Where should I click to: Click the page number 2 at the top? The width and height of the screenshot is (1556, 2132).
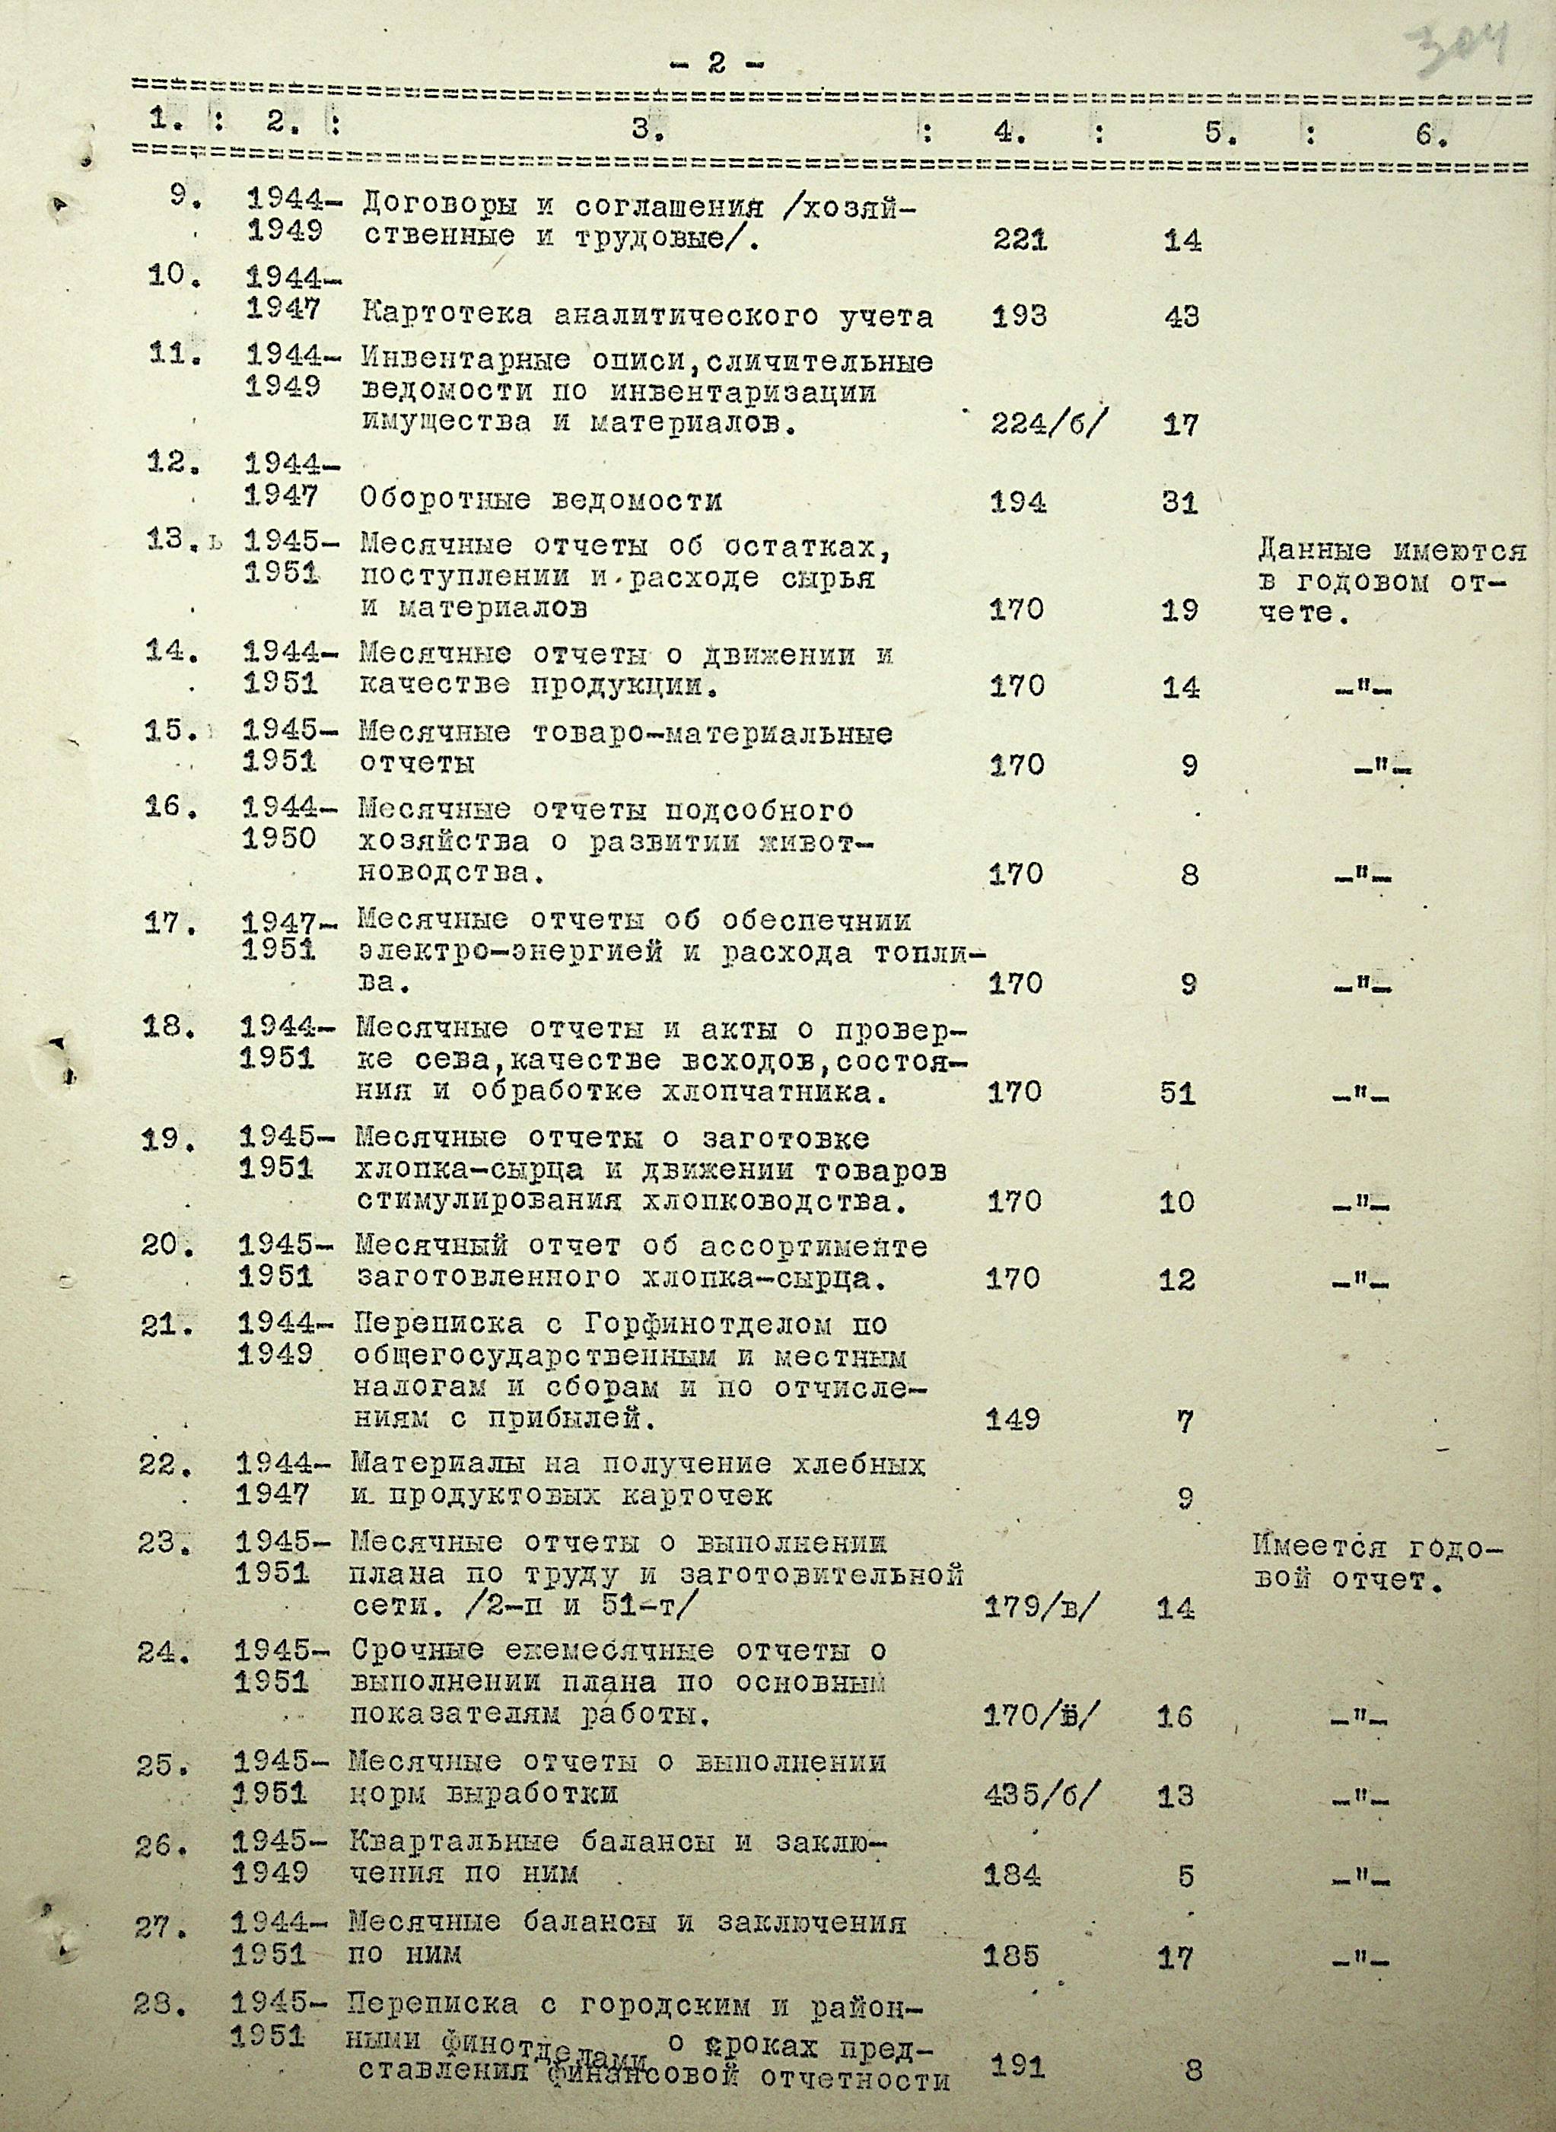[x=717, y=63]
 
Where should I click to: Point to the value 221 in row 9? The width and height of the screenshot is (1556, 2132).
[x=1020, y=240]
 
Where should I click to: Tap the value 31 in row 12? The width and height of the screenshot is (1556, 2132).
[x=1180, y=504]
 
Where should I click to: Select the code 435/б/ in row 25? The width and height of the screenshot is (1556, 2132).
[x=1040, y=1795]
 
